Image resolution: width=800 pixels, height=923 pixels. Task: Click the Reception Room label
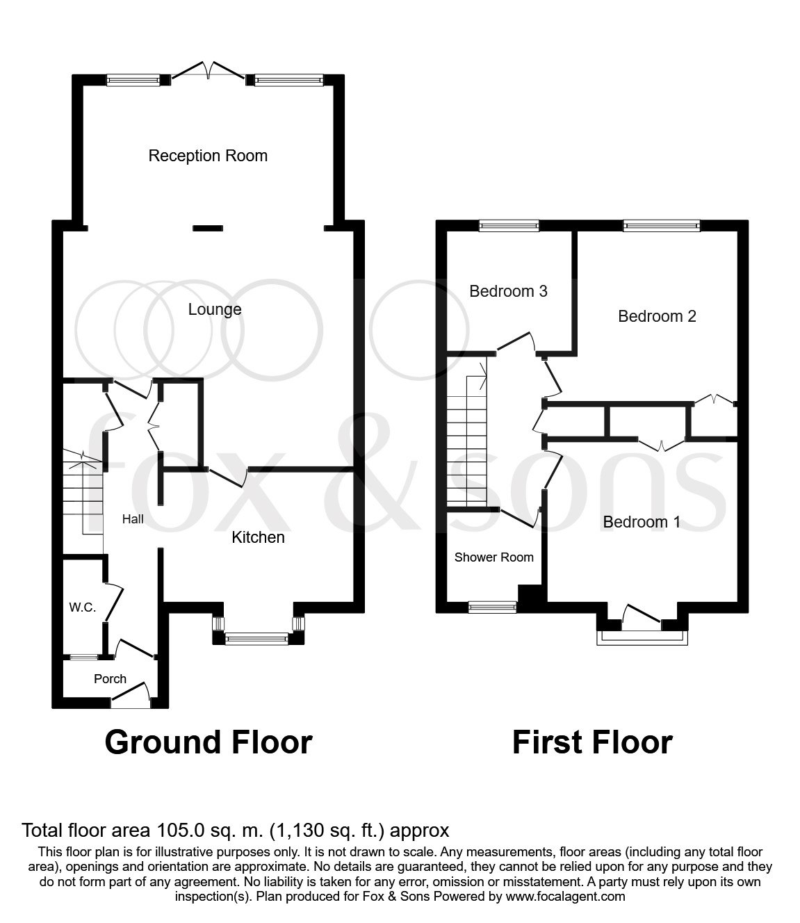coord(208,156)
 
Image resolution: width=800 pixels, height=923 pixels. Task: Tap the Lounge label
coord(215,309)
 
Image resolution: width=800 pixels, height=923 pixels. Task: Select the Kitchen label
coord(258,537)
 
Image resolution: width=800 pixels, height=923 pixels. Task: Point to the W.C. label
coord(82,607)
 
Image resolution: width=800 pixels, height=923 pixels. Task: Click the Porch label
coord(110,679)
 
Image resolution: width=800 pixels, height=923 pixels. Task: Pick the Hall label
coord(133,519)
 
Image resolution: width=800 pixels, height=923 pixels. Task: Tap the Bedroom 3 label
coord(508,291)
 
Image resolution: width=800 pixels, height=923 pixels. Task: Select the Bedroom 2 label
coord(657,316)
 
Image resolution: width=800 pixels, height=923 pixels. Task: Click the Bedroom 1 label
coord(642,522)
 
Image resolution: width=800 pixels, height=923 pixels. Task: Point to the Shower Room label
coord(493,557)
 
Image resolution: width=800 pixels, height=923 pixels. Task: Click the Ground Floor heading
coord(209,742)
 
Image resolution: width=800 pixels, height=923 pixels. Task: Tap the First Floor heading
coord(592,742)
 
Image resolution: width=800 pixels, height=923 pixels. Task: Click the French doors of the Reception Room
coord(208,71)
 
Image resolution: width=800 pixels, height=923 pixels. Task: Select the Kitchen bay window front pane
coord(257,638)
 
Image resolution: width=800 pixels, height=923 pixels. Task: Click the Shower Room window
coord(492,607)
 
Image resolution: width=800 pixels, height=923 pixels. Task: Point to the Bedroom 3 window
coord(509,225)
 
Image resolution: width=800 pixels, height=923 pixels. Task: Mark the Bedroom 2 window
coord(661,225)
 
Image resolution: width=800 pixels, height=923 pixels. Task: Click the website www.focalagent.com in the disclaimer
coord(565,897)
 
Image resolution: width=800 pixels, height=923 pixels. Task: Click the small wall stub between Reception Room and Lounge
coord(208,227)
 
